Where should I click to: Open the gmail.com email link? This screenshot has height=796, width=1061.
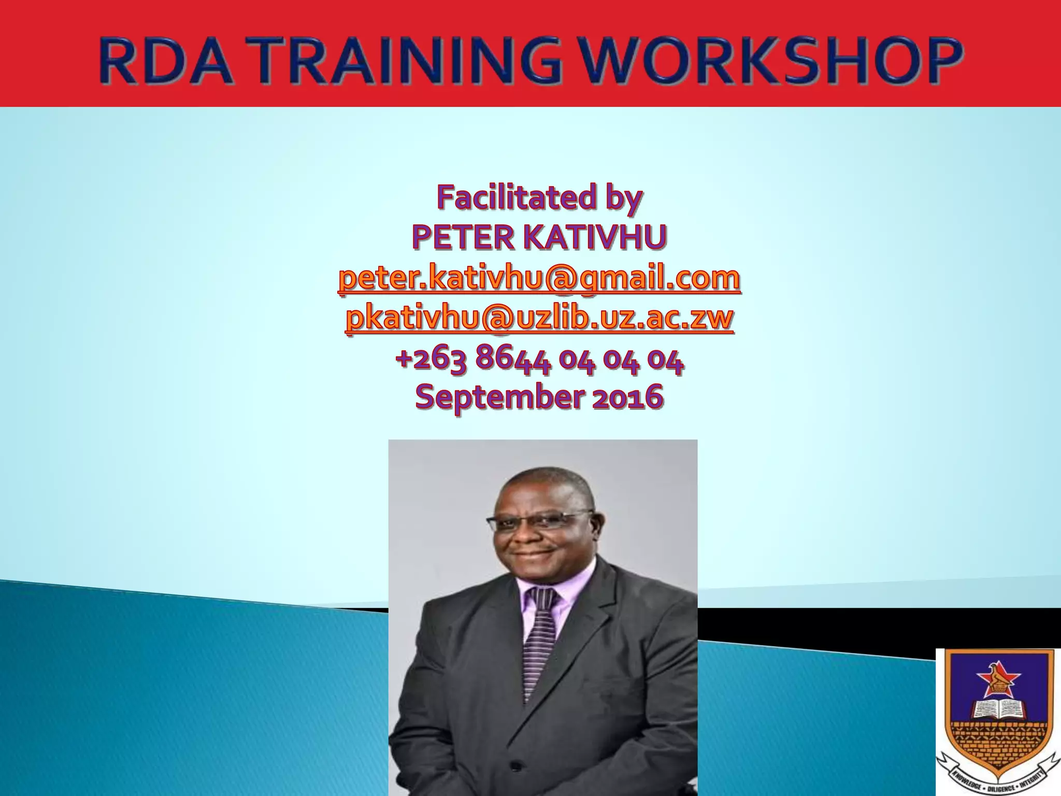(x=539, y=278)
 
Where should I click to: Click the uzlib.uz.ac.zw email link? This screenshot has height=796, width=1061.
(x=539, y=318)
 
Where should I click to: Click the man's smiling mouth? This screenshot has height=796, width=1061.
(x=534, y=555)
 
